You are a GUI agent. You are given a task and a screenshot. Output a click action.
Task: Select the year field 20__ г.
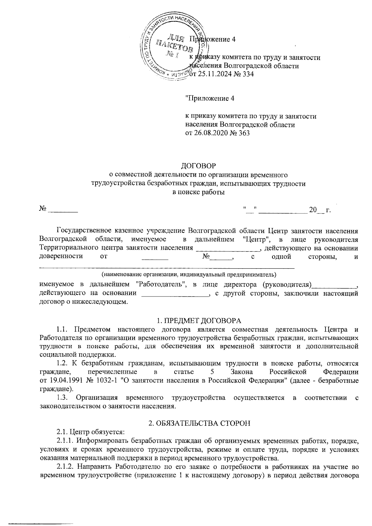[319, 210]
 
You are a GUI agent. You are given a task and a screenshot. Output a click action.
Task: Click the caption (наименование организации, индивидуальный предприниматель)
[189, 274]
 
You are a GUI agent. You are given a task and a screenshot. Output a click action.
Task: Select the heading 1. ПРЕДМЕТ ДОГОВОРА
[198, 320]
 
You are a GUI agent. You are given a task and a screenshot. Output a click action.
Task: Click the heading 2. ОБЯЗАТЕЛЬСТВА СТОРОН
[198, 423]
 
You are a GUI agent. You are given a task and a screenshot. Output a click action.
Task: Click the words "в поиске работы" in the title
[198, 192]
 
